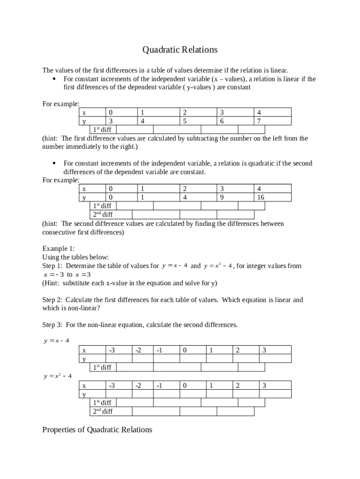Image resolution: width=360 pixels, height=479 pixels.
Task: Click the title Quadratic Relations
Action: pos(180,50)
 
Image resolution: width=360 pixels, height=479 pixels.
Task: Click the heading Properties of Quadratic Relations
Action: pos(97,429)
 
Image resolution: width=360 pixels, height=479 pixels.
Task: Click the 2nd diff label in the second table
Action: pos(102,215)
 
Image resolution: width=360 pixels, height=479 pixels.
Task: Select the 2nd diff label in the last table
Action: pos(102,412)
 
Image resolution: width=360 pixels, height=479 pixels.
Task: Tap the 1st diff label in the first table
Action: pos(102,130)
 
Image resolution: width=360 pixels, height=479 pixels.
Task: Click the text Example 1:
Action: pos(58,248)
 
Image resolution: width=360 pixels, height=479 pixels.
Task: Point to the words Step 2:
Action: pos(52,300)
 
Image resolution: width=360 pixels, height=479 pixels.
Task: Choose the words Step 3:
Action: pos(52,325)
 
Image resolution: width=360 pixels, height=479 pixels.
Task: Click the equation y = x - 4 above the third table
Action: pos(56,341)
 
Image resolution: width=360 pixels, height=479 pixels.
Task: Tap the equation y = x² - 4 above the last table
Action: pos(57,376)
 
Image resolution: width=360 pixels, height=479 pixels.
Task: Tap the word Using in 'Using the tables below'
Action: pos(50,257)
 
